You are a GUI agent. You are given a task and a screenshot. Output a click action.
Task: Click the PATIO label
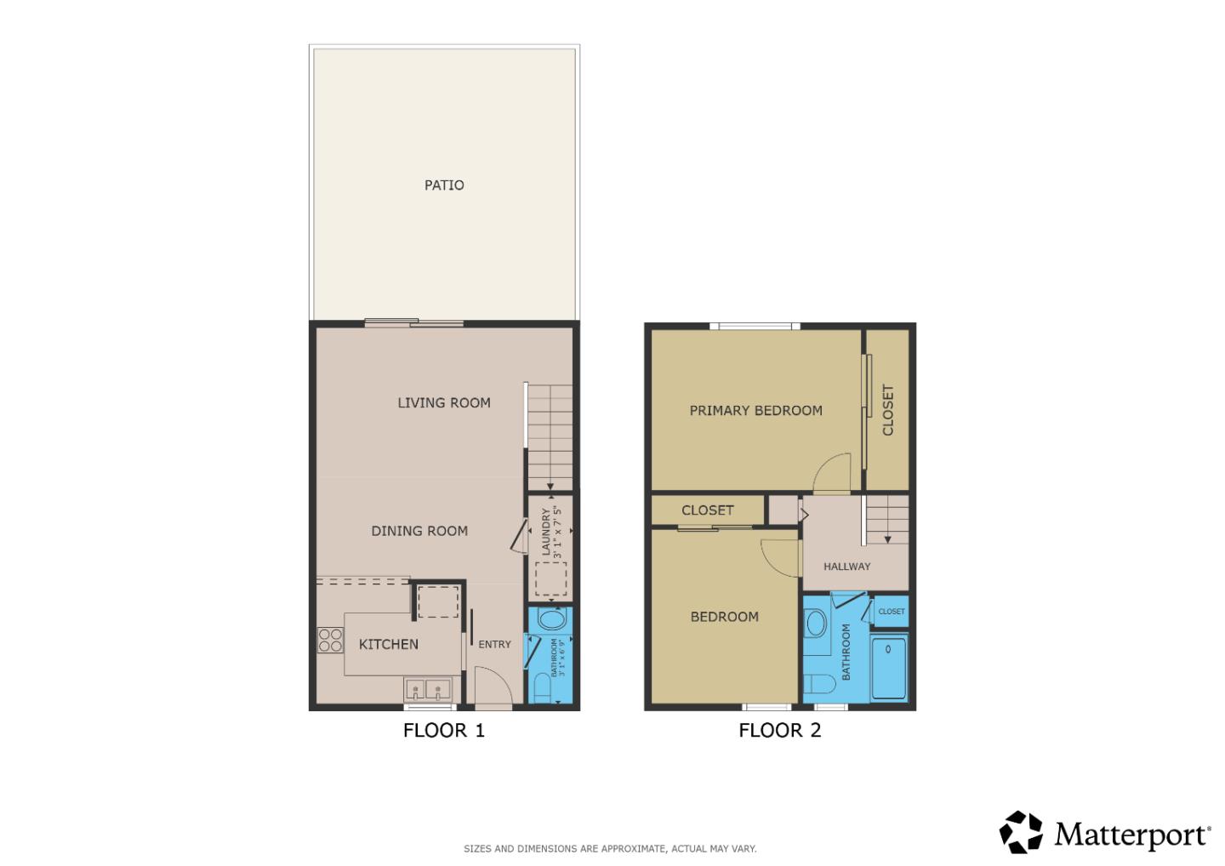tap(444, 185)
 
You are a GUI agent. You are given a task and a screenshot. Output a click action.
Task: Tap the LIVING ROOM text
tap(444, 402)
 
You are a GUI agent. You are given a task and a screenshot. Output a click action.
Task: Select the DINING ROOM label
tap(419, 531)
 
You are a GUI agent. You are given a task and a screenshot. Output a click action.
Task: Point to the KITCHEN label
tap(389, 644)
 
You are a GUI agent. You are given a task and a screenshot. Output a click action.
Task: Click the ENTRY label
tap(494, 644)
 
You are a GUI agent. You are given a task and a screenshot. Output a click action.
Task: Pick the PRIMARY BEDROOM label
tap(755, 410)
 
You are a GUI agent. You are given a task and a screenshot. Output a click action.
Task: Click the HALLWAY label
tap(846, 566)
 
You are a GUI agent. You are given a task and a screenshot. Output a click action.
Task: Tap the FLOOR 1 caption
tap(444, 730)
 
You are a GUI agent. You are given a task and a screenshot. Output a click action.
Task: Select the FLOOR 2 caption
tap(780, 730)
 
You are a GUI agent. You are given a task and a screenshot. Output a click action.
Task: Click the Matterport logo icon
tap(1021, 832)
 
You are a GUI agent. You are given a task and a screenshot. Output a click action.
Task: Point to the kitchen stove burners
tap(330, 640)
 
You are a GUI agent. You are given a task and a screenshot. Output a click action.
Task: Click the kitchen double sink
tap(428, 689)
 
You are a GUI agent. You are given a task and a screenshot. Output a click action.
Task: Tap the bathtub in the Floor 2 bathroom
tap(889, 668)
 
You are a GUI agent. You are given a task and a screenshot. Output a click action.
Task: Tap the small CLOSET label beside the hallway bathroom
tap(892, 611)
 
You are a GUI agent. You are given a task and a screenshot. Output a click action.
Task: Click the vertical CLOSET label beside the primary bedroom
tap(888, 410)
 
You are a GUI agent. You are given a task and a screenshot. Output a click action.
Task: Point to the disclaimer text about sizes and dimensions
tap(610, 848)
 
